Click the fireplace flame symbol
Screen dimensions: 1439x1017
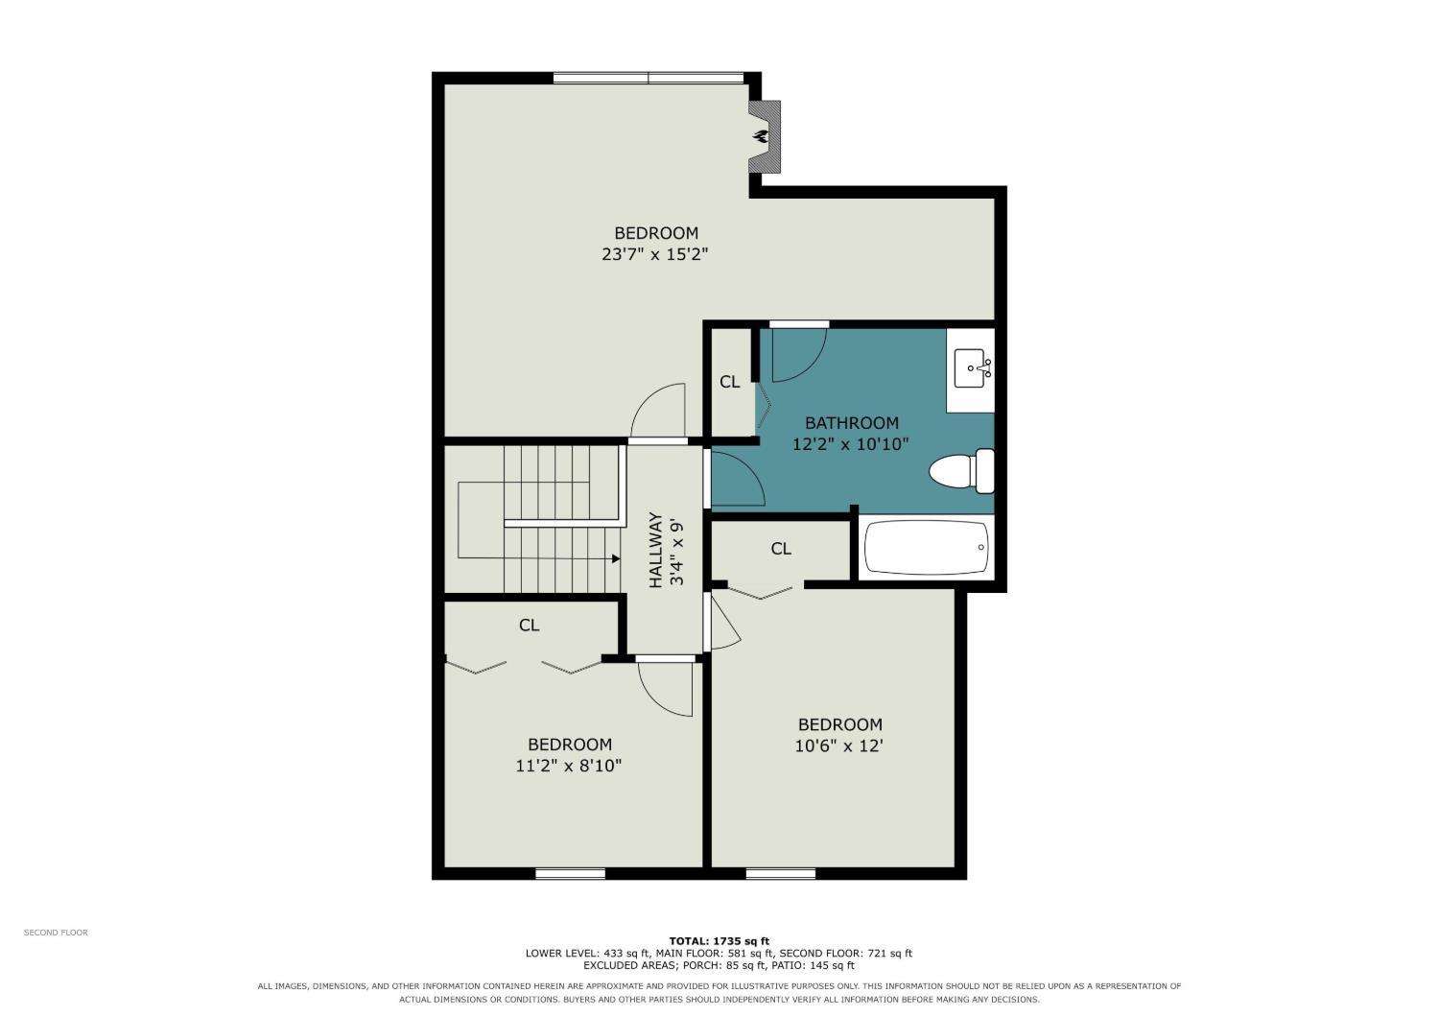762,136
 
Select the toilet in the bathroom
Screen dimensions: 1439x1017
961,471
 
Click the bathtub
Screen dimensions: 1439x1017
927,548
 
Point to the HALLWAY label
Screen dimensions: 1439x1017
655,550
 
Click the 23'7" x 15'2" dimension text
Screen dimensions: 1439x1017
654,254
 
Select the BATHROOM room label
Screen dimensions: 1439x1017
852,423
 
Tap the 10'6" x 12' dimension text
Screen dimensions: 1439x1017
839,745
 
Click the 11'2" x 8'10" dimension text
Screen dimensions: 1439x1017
569,766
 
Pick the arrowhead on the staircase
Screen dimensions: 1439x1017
616,558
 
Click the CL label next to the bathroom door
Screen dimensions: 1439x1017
729,382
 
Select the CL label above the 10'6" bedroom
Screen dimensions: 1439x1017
781,549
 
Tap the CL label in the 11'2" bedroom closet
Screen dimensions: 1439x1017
529,626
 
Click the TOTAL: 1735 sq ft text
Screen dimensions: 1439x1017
719,941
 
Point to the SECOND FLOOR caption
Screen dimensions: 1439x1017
56,933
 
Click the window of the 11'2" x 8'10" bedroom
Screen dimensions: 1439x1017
571,874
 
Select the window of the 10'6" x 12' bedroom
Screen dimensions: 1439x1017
781,874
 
